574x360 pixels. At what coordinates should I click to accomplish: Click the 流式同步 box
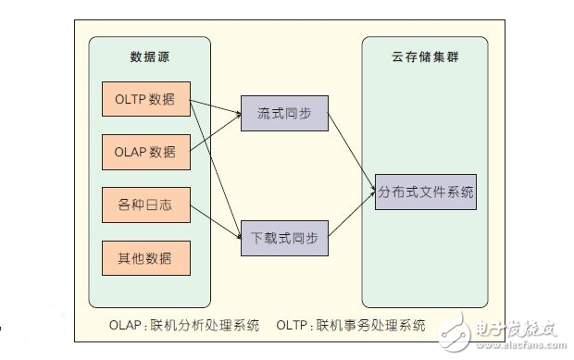click(x=284, y=114)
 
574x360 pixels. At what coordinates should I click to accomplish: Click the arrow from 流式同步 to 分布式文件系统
click(x=352, y=148)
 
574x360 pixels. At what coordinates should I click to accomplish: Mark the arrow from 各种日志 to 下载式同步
click(x=216, y=217)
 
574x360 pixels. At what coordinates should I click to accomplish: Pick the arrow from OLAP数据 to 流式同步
click(x=216, y=132)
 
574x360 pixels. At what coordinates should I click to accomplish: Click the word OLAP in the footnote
click(x=125, y=325)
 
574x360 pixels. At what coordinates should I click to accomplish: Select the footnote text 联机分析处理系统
click(x=200, y=325)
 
